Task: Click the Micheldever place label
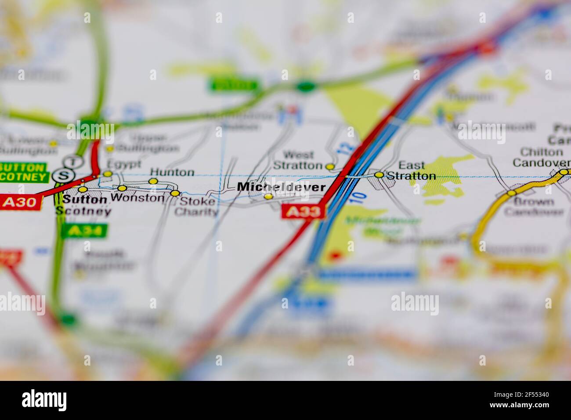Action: (281, 187)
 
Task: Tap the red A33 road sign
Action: (303, 212)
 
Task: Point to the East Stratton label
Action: (412, 171)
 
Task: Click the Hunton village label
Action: (172, 172)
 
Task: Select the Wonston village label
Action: (137, 198)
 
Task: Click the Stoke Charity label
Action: (196, 207)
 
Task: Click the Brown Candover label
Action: (534, 207)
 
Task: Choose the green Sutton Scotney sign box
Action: (23, 173)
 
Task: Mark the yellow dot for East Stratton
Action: (379, 175)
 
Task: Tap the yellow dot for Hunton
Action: (153, 181)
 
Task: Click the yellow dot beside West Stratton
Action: (330, 167)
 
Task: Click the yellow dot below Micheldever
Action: (268, 196)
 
